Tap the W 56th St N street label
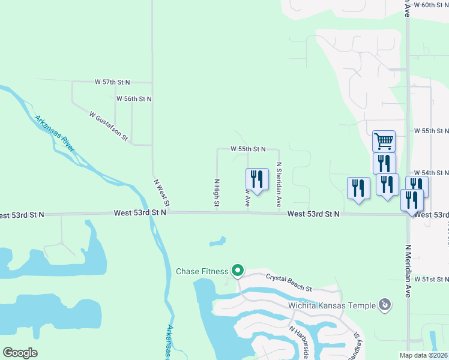pyautogui.click(x=134, y=98)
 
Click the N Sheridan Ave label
pyautogui.click(x=279, y=184)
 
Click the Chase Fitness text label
pyautogui.click(x=202, y=271)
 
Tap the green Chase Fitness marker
pyautogui.click(x=237, y=272)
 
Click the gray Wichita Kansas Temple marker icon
pyautogui.click(x=385, y=305)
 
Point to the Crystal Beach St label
pyautogui.click(x=289, y=283)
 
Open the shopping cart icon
pyautogui.click(x=384, y=142)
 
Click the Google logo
pyautogui.click(x=20, y=353)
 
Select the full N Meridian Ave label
pyautogui.click(x=408, y=271)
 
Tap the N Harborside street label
pyautogui.click(x=299, y=342)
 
